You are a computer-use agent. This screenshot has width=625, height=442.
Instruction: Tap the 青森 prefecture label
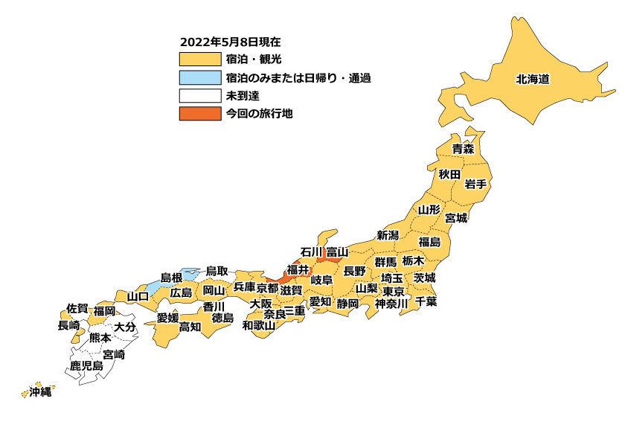coord(463,149)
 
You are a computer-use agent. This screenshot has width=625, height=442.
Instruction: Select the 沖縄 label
coord(40,391)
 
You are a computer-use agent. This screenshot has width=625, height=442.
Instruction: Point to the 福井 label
coord(298,269)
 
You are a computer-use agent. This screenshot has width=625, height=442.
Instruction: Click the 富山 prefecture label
coord(337,252)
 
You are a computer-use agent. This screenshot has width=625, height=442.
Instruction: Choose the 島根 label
coord(171,278)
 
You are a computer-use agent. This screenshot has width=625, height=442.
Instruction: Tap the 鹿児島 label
coord(86,366)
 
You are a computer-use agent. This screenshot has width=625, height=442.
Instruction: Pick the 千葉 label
coord(426,301)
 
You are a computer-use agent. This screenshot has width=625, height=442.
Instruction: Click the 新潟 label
coord(388,235)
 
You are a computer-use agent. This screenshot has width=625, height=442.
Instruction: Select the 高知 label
coord(190,326)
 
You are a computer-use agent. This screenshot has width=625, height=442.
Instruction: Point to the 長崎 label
coord(68,325)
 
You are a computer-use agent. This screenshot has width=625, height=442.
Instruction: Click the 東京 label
coord(394,291)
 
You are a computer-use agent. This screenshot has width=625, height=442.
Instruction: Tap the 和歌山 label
coord(259,325)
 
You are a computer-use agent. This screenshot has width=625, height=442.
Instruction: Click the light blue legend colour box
coord(200,77)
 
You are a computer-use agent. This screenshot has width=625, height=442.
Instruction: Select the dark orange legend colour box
coord(200,114)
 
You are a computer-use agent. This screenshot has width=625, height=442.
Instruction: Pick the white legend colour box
coord(200,95)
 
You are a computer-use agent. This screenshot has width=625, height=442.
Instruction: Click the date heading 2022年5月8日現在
coord(230,42)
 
